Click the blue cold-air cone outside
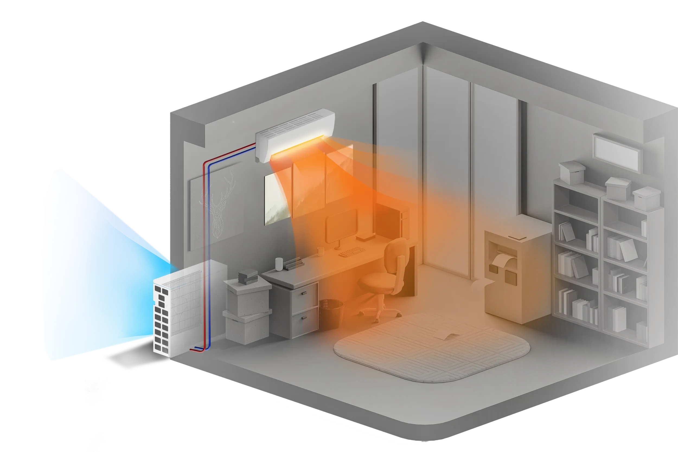point(95,268)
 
